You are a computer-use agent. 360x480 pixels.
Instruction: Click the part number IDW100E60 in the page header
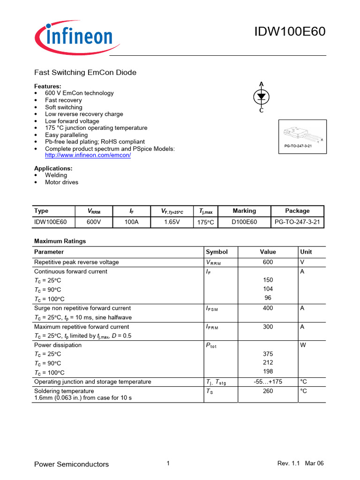(289, 32)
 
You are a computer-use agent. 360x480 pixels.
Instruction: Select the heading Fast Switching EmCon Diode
(85, 73)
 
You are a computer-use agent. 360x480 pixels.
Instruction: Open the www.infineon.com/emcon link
(88, 155)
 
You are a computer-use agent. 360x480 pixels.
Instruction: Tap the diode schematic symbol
(262, 97)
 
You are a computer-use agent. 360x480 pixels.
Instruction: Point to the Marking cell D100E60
(244, 222)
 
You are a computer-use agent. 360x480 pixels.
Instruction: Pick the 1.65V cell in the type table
(172, 222)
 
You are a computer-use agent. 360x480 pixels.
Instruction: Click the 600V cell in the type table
(94, 222)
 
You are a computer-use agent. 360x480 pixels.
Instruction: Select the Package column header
(297, 211)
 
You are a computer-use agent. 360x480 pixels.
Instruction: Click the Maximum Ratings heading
(60, 241)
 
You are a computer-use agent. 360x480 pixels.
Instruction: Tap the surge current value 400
(268, 308)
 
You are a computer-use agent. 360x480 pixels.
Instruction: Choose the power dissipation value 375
(268, 354)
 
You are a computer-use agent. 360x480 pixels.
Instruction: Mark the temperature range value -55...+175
(268, 382)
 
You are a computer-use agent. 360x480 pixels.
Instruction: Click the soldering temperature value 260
(268, 391)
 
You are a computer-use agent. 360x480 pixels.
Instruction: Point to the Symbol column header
(217, 252)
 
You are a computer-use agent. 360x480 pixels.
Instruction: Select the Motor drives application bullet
(61, 182)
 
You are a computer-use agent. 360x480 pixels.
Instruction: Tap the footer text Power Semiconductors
(72, 464)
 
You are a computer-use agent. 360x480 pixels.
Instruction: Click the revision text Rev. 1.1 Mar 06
(300, 464)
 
